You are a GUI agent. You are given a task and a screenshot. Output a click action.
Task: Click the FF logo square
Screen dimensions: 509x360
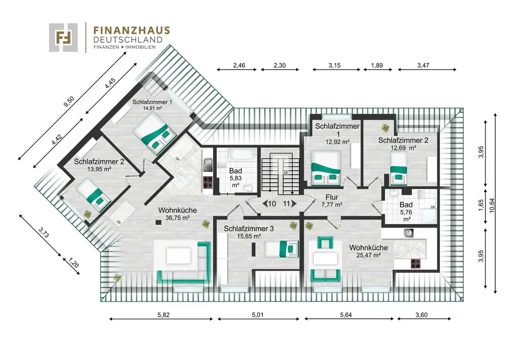click(x=63, y=37)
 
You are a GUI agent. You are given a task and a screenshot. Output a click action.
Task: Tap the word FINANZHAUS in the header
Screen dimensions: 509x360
click(x=131, y=31)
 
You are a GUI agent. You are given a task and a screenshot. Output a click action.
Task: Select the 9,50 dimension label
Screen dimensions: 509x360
click(x=69, y=102)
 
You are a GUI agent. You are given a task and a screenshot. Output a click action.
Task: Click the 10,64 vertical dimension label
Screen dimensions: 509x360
click(x=492, y=205)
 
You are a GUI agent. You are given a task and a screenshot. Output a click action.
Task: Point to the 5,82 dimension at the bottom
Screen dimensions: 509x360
click(x=163, y=315)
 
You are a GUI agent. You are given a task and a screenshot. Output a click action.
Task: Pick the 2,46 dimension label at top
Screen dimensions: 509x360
click(x=239, y=65)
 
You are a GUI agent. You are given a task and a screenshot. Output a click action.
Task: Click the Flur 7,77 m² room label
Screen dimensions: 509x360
click(x=332, y=201)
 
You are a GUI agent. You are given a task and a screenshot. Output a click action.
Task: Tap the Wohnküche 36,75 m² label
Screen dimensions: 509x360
click(x=178, y=214)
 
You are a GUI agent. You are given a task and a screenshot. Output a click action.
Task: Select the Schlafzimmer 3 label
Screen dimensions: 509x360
click(x=249, y=229)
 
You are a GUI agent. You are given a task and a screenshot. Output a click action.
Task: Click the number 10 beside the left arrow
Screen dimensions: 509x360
click(x=272, y=204)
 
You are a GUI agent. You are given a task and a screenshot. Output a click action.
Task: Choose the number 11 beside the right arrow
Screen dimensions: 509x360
click(x=287, y=204)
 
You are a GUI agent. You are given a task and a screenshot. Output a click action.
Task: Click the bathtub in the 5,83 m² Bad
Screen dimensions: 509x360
click(x=241, y=154)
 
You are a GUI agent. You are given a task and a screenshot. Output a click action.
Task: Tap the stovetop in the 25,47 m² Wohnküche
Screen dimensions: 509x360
click(x=415, y=263)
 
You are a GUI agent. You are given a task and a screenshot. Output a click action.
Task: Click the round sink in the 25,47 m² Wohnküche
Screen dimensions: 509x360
click(x=408, y=233)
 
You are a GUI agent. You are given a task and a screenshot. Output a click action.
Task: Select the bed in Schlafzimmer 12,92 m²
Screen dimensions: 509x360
click(x=326, y=169)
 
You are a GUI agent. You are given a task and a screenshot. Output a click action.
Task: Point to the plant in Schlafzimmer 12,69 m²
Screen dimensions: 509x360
click(x=385, y=128)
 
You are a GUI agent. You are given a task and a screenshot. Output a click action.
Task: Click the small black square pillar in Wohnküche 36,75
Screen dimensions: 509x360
click(x=158, y=223)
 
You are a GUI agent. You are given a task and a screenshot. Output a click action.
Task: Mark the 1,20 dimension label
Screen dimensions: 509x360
click(x=74, y=262)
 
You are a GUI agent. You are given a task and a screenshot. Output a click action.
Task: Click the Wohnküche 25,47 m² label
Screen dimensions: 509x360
click(x=369, y=251)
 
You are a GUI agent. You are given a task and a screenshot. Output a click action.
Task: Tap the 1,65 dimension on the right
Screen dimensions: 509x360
click(x=481, y=205)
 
